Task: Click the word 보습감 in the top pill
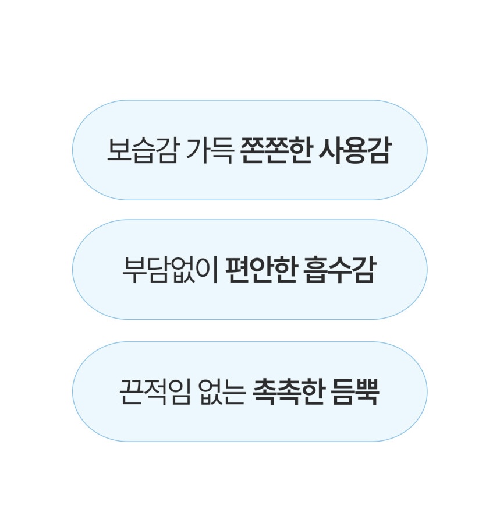tap(143, 150)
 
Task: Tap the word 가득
tap(210, 150)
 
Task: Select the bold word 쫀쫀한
tap(276, 150)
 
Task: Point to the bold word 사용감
tap(354, 150)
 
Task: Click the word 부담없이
tap(170, 270)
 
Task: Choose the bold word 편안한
tap(262, 270)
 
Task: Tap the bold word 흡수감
tap(339, 270)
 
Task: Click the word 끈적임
tap(155, 392)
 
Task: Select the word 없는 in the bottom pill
tap(222, 392)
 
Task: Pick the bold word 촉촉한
tap(289, 392)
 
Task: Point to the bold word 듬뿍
tap(355, 392)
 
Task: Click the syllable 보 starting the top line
tap(119, 150)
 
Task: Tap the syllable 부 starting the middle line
tap(133, 270)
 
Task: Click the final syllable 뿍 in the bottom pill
tap(367, 392)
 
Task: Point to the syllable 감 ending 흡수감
tap(364, 270)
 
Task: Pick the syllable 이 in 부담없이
tap(208, 270)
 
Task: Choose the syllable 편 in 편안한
tap(237, 270)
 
